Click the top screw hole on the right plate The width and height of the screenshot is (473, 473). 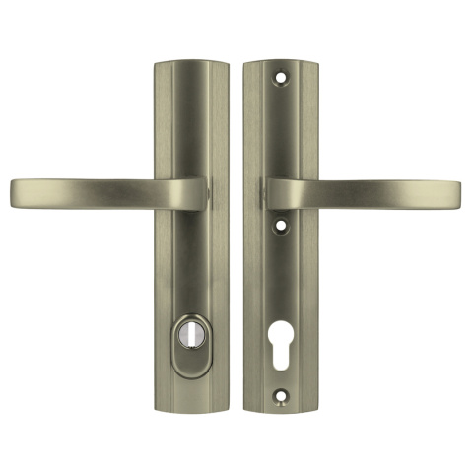click(287, 74)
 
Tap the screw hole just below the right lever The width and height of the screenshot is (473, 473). click(286, 225)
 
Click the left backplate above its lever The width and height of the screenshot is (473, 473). click(190, 118)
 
